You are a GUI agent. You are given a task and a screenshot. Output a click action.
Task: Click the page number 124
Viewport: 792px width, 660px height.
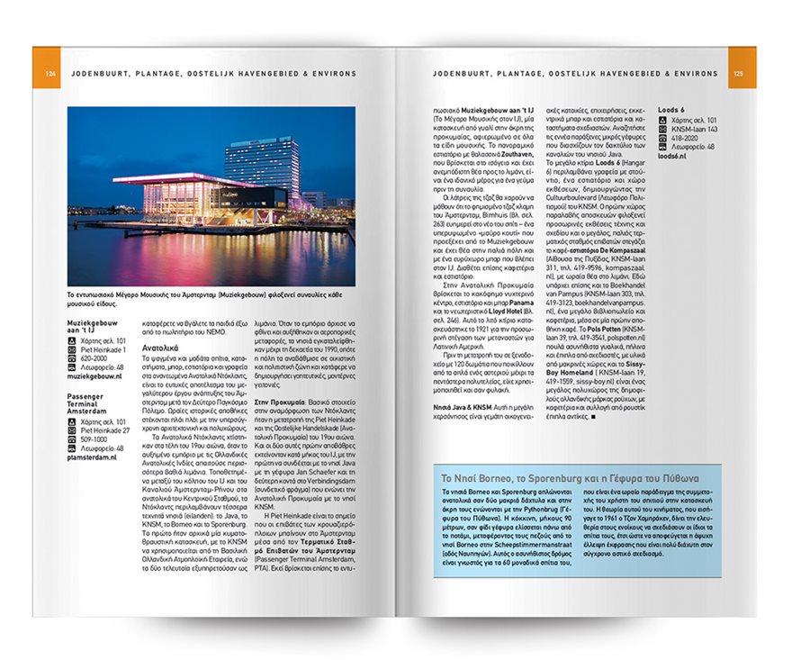[x=50, y=73]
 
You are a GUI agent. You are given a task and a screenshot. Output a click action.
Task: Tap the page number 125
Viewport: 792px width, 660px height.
[x=737, y=73]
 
